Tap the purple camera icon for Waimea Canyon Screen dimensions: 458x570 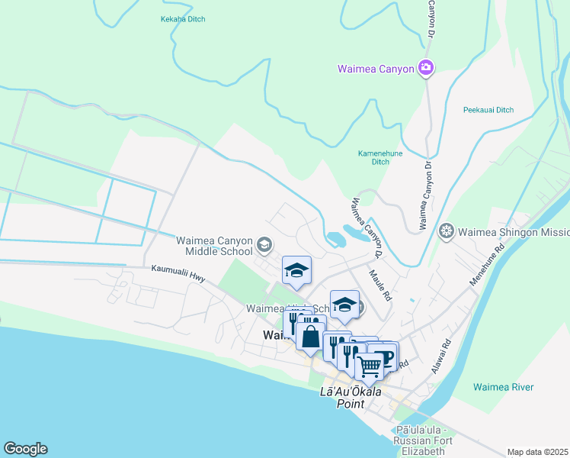pyautogui.click(x=426, y=69)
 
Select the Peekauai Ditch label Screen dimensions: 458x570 pyautogui.click(x=488, y=110)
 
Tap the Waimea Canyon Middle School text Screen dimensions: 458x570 pyautogui.click(x=214, y=245)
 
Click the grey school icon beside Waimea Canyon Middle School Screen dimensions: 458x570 pyautogui.click(x=264, y=244)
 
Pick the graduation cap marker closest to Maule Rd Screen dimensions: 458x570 pyautogui.click(x=344, y=305)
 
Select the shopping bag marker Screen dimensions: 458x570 pyautogui.click(x=311, y=336)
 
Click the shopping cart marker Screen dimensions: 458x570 pyautogui.click(x=370, y=366)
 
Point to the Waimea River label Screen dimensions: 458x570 pyautogui.click(x=503, y=387)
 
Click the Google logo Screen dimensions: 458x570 pyautogui.click(x=25, y=449)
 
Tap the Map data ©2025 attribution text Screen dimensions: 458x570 pyautogui.click(x=537, y=452)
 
